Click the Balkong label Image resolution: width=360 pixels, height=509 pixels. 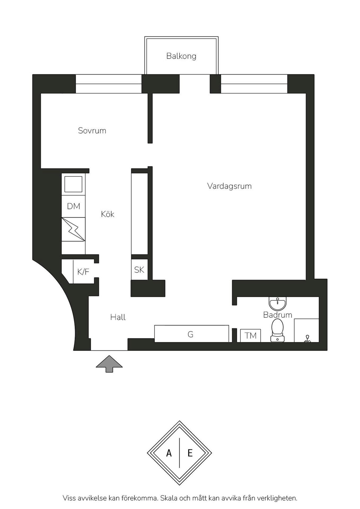pos(181,56)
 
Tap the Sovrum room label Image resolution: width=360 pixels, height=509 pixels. pos(92,130)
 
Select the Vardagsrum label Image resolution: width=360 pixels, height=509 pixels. pos(229,186)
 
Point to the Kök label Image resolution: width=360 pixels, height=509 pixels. pos(107,214)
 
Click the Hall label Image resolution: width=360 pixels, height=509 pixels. pos(118,317)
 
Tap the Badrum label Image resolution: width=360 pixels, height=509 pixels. pos(277,315)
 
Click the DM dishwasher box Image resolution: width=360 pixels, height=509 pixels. pos(73,206)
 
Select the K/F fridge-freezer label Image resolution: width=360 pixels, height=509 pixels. pos(83,272)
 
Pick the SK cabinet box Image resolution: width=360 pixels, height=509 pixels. pos(139,270)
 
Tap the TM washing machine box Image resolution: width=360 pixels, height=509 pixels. pos(250,336)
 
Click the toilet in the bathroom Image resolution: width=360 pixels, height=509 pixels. pos(277,330)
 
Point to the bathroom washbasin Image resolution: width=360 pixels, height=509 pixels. pos(277,304)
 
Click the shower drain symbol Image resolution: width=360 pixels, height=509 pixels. pos(307,339)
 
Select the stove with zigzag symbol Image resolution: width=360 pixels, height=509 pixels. pos(73,229)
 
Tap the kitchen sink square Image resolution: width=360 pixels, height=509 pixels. pos(73,184)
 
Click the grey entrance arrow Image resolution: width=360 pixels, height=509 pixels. pos(109,364)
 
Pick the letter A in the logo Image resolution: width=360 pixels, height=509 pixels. pos(169,453)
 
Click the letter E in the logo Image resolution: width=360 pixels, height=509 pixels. pos(190,453)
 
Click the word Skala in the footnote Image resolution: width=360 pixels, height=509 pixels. pos(169,498)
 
